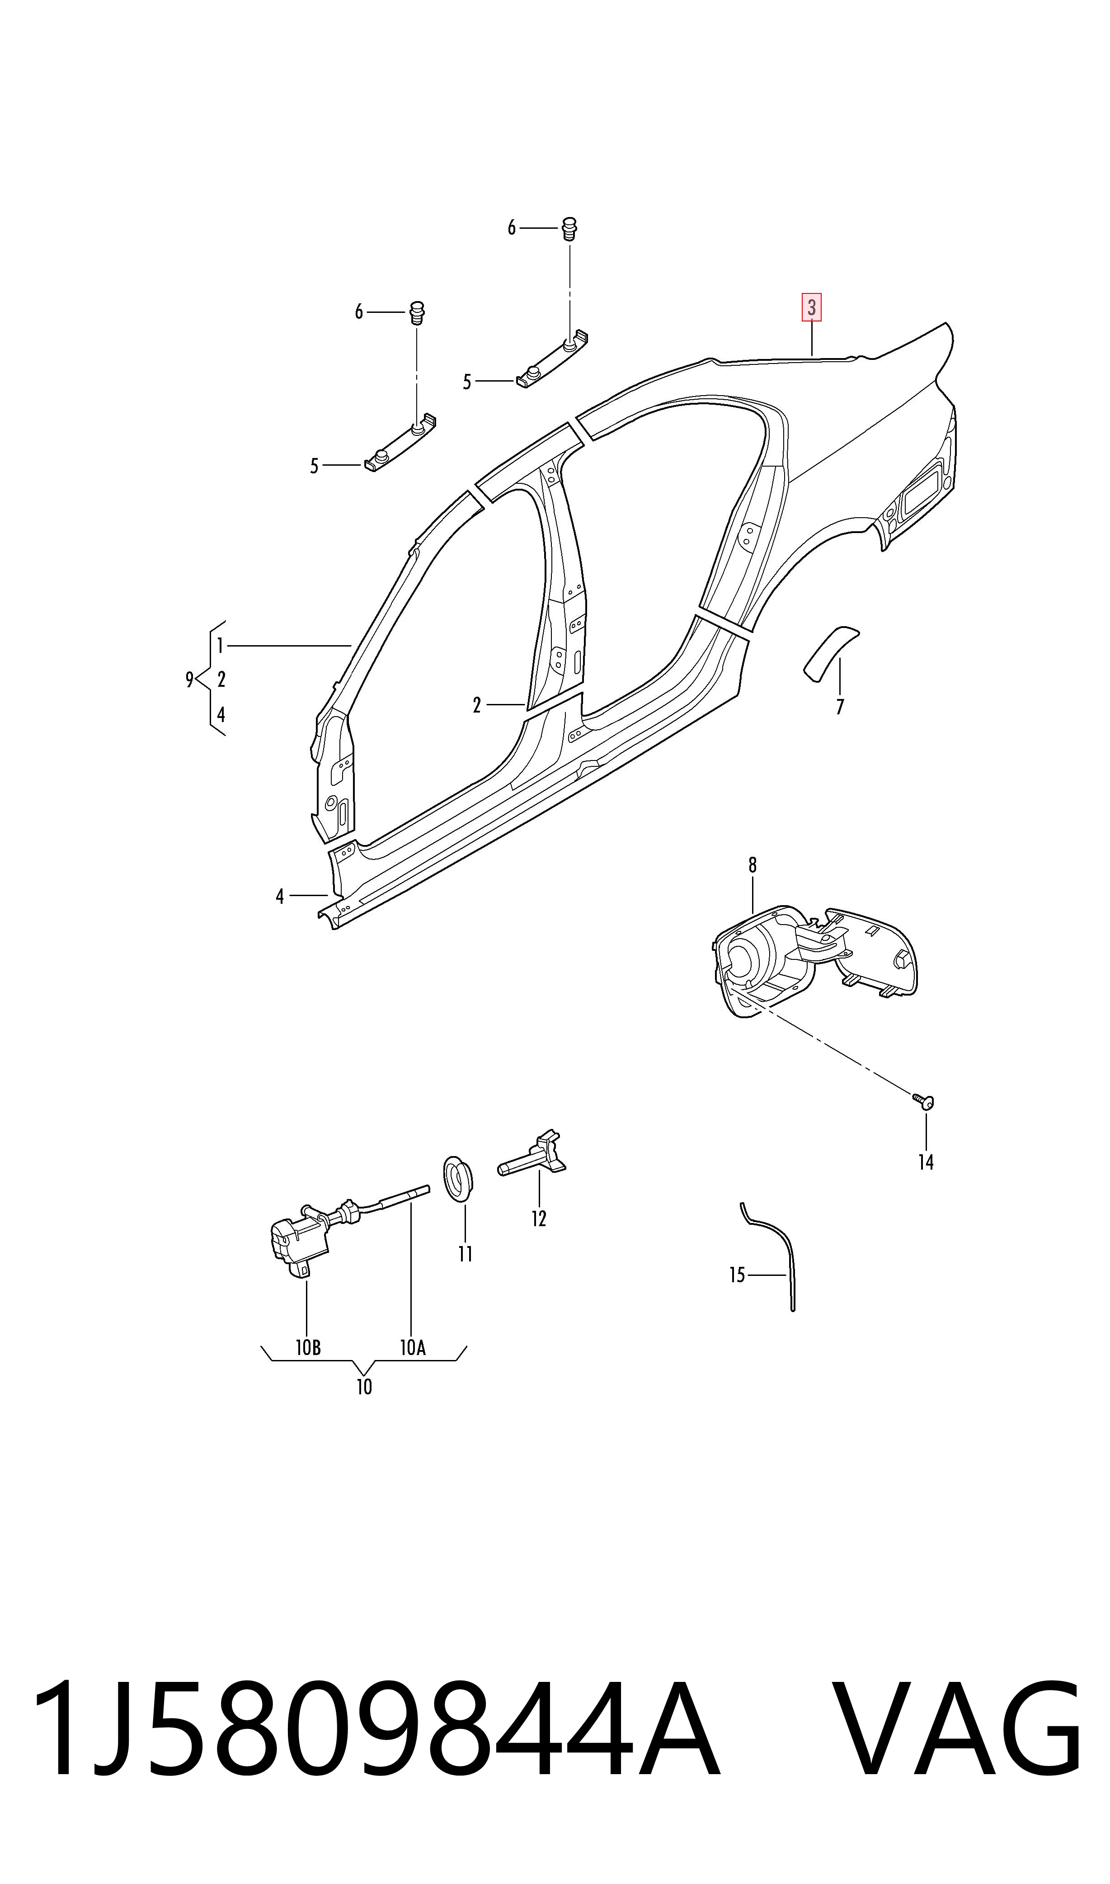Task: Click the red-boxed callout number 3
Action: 812,307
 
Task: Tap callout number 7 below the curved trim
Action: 840,707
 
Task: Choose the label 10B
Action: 308,1347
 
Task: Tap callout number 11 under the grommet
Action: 465,1254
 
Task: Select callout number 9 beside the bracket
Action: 190,680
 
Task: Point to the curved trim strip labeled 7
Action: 830,653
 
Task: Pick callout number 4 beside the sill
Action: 280,897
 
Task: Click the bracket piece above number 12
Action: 532,1155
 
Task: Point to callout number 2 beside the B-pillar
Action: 476,705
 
